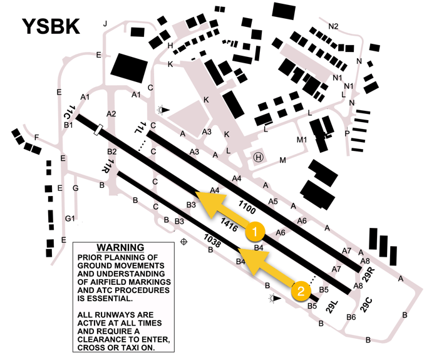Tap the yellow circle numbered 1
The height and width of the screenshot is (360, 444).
tap(254, 232)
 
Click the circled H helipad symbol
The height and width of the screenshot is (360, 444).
tap(258, 157)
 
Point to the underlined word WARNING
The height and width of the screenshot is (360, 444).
tap(120, 248)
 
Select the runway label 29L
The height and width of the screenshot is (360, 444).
tap(332, 307)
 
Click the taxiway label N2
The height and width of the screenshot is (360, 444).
tap(333, 26)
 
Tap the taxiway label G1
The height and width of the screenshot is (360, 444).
tap(71, 219)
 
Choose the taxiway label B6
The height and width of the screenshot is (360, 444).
tap(351, 317)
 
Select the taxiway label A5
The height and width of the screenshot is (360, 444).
tap(273, 201)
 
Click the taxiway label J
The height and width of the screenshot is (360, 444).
tap(105, 24)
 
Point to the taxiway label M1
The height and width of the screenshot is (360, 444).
tap(302, 139)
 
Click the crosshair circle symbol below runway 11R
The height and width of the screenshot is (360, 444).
tap(184, 242)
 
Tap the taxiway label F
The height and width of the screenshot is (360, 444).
tap(37, 137)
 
